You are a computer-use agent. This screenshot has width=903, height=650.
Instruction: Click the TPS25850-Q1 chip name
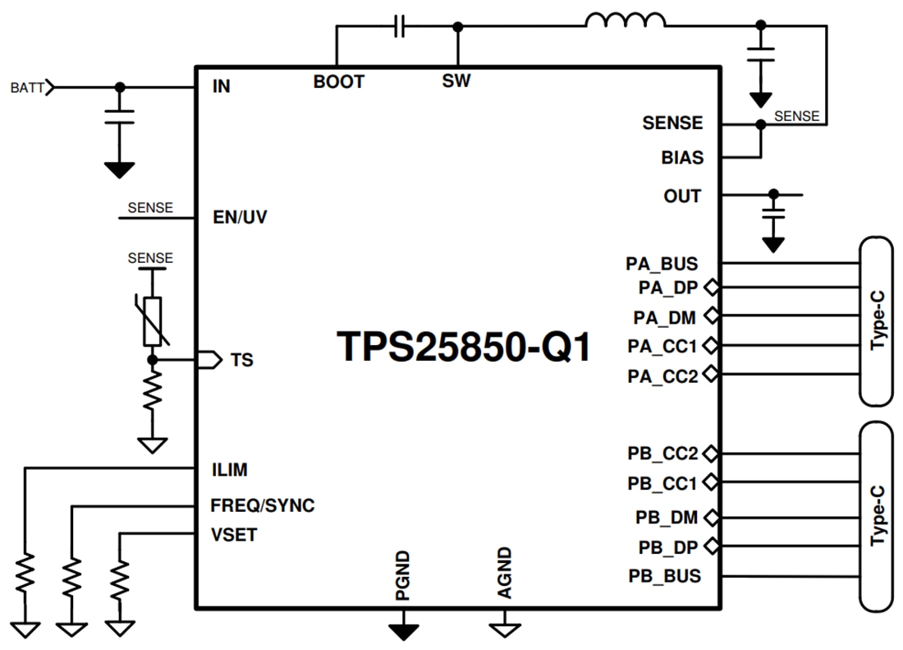tap(464, 347)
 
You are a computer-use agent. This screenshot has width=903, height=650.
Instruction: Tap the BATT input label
tap(28, 86)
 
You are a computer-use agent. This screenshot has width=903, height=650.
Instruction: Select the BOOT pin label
tap(338, 82)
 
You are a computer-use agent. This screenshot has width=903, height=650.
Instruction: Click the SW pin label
tap(456, 82)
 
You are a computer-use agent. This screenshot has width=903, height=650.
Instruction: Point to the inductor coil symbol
tap(626, 21)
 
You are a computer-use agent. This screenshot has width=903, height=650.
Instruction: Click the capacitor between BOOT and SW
tap(400, 27)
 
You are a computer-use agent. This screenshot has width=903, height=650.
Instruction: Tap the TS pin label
tap(241, 360)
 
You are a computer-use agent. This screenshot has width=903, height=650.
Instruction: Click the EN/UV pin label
tap(239, 218)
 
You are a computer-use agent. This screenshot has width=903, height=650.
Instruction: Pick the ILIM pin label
tap(229, 470)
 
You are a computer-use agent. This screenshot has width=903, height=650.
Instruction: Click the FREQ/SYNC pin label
tap(262, 505)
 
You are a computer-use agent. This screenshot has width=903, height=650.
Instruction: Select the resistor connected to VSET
tap(121, 579)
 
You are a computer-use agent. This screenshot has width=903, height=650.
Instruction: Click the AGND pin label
tap(504, 573)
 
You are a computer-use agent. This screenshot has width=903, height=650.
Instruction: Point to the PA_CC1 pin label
tap(662, 345)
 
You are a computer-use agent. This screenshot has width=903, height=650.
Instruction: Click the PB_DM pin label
tap(667, 518)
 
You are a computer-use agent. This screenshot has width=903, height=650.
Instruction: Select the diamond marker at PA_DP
tap(711, 288)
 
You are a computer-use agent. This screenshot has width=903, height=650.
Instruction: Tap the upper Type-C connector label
tap(878, 321)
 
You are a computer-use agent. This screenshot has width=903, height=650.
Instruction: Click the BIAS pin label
tap(682, 157)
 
